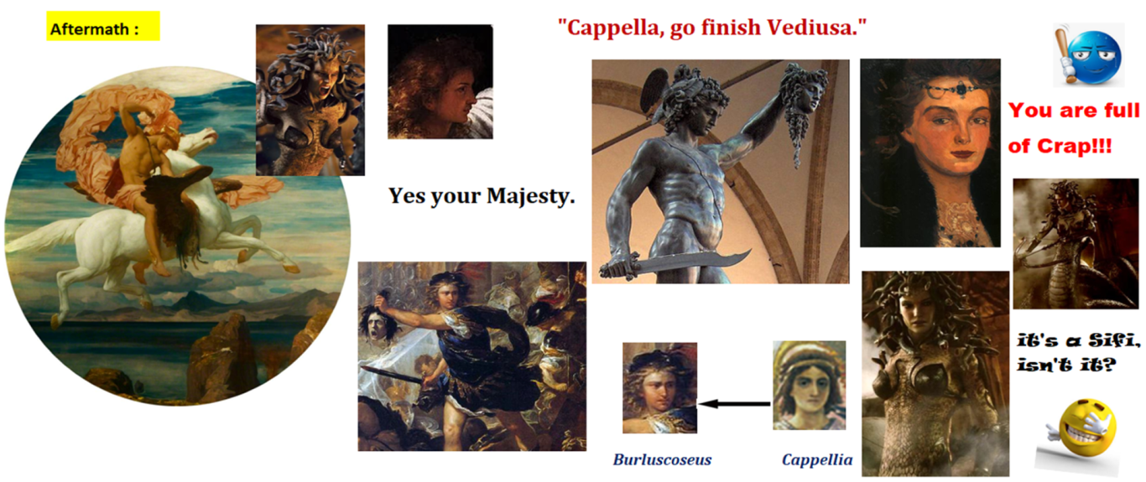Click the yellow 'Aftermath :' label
coord(103,26)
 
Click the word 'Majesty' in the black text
coord(527,196)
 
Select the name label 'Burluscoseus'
coord(662,459)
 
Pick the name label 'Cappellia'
coord(817,459)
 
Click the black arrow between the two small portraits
coord(735,404)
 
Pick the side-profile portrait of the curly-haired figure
coord(440,82)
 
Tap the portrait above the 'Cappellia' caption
coord(809,386)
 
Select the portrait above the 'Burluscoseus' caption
coord(660,388)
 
